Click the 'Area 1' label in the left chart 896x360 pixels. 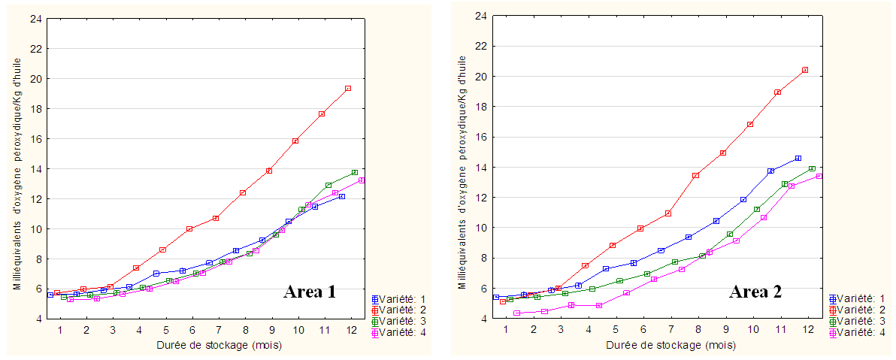(309, 292)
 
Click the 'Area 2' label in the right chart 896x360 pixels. (755, 292)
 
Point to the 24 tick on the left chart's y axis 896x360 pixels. (35, 18)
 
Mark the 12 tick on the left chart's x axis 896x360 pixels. (352, 330)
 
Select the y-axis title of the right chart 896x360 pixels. (463, 173)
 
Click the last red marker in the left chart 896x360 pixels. (348, 88)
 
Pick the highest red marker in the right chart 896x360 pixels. (805, 70)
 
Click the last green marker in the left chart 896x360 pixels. (354, 173)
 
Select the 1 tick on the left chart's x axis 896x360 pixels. (60, 330)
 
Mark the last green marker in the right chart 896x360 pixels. (812, 168)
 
